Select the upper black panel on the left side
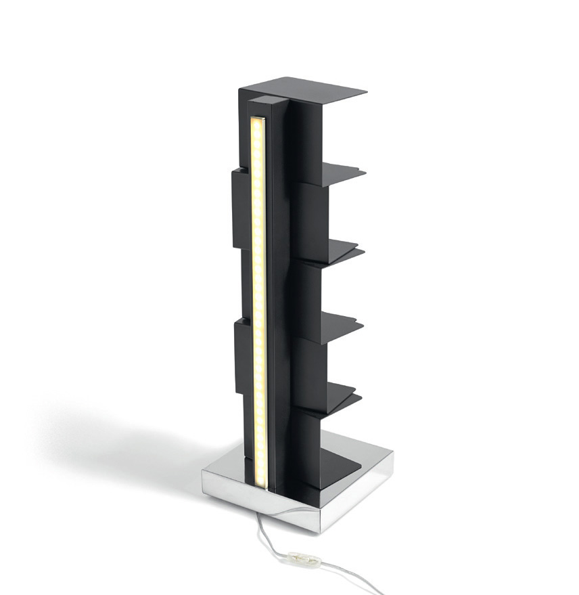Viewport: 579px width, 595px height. click(x=241, y=207)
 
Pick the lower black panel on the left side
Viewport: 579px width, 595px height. click(x=242, y=356)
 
